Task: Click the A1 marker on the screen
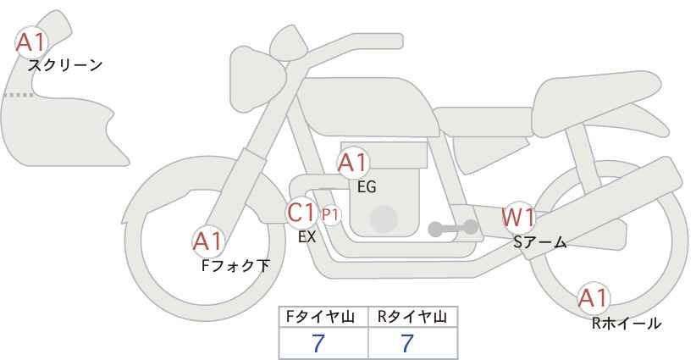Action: point(31,42)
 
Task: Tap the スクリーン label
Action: point(65,66)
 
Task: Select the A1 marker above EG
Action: point(353,163)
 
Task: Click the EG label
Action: point(367,187)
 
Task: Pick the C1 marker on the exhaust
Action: point(301,212)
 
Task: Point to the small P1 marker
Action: point(330,215)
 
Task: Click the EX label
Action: point(307,237)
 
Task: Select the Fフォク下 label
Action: point(235,265)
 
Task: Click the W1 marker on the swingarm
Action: point(518,217)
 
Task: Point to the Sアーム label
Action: point(540,241)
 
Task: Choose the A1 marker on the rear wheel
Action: point(594,298)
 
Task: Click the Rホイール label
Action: point(627,324)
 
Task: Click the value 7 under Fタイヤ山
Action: point(318,343)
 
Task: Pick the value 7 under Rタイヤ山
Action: point(407,343)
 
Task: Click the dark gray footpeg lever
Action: point(453,228)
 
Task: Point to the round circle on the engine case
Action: point(384,219)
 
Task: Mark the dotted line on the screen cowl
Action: point(19,95)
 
